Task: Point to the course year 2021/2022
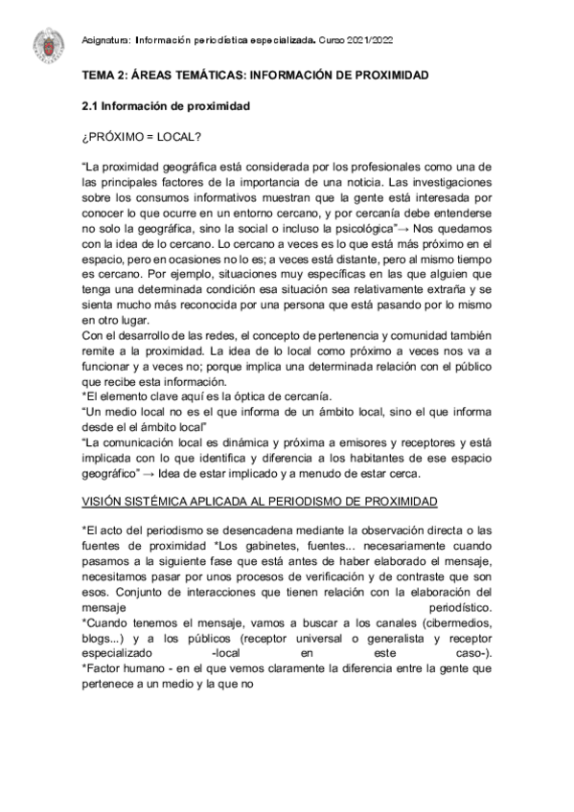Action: [x=371, y=40]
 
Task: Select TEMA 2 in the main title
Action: [x=104, y=75]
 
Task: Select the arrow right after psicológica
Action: [x=405, y=229]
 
